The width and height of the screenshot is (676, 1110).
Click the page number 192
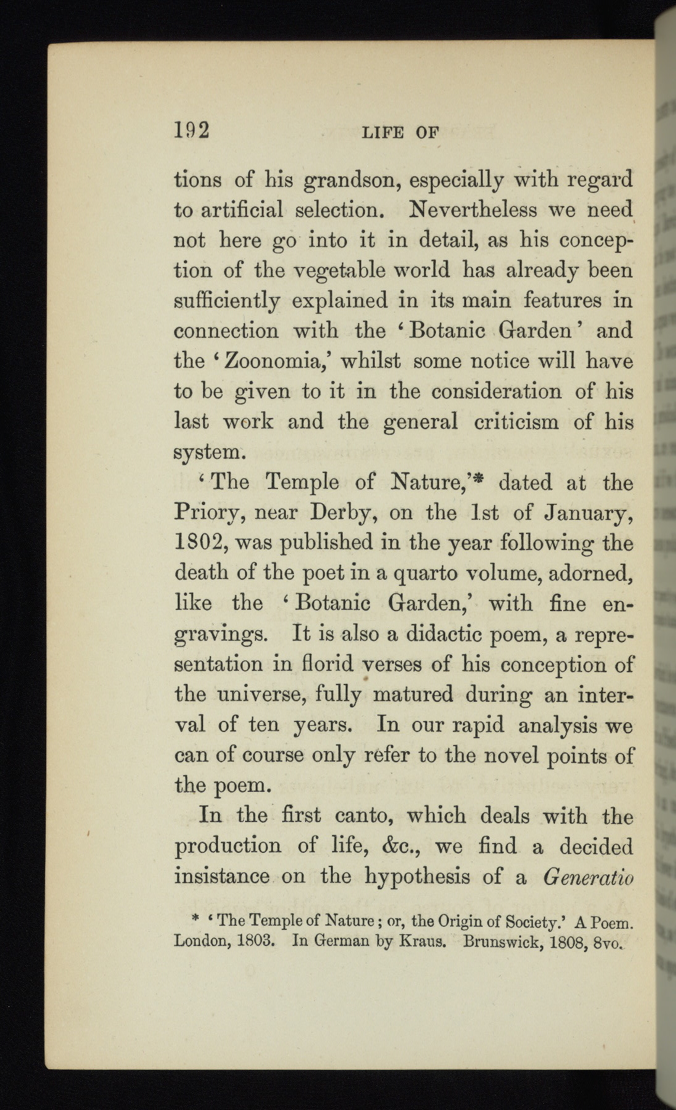point(192,131)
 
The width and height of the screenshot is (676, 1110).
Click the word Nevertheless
point(472,210)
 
